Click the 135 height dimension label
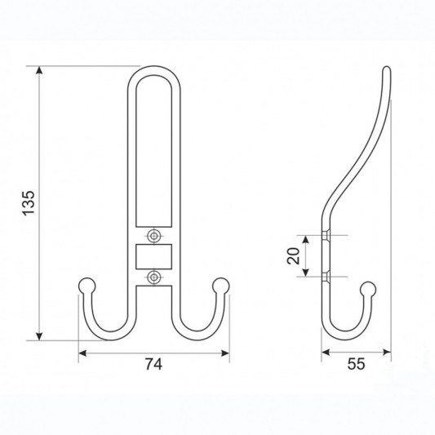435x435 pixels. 29,203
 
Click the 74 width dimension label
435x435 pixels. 153,364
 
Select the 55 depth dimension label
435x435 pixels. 356,364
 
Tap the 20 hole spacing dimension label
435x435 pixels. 294,255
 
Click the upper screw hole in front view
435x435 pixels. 153,236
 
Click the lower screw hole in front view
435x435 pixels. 153,277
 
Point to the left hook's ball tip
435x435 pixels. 87,286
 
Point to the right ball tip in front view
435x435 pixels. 221,286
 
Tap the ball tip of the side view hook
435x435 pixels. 368,290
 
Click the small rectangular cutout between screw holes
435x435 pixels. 153,256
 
